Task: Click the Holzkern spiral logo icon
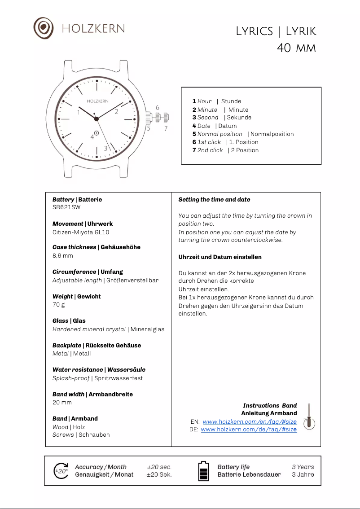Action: (44, 28)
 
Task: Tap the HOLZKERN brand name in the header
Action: (93, 28)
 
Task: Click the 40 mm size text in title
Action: (296, 48)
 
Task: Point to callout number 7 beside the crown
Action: (166, 128)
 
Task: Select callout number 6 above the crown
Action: (158, 108)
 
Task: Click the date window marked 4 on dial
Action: (97, 133)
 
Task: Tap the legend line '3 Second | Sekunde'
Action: (222, 118)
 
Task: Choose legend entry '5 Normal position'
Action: (243, 134)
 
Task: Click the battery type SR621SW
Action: (66, 207)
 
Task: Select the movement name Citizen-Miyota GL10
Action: (81, 232)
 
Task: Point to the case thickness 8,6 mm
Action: (62, 255)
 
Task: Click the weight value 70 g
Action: (59, 304)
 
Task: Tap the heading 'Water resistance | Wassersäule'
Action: (99, 369)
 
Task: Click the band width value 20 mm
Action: (62, 402)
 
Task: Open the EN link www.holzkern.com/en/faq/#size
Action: (250, 422)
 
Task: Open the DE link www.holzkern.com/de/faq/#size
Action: (249, 430)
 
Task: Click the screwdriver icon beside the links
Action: (309, 417)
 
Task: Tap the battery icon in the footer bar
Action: (204, 471)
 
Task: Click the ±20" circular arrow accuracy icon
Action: (61, 471)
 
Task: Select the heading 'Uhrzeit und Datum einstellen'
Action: (220, 257)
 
